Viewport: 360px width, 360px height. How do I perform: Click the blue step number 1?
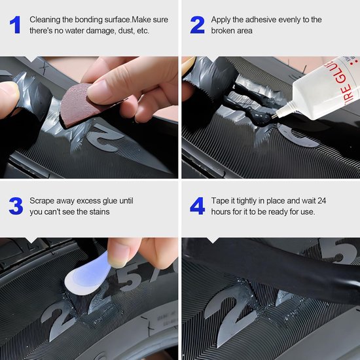[x=15, y=25]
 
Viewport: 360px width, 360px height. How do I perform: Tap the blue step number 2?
[x=197, y=25]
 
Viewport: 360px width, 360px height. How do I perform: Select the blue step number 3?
[x=16, y=206]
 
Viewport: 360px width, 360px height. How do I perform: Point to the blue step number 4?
[x=198, y=206]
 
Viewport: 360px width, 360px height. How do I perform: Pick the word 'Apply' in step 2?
[x=221, y=20]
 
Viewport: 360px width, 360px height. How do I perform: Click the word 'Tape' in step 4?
[x=220, y=201]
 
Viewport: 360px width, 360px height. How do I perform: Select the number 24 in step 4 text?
[x=321, y=201]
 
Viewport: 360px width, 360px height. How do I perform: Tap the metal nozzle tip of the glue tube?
[x=275, y=115]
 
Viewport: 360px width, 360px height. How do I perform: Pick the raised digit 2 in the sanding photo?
[x=105, y=137]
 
